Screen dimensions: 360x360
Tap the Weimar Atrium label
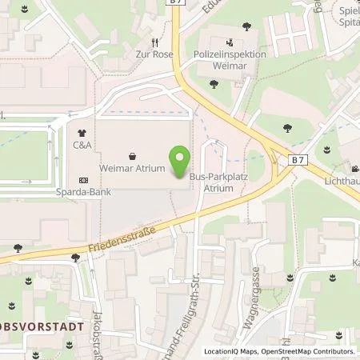[x=132, y=169]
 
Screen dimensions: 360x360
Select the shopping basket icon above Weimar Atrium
[x=132, y=156]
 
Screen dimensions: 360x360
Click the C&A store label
[x=82, y=146]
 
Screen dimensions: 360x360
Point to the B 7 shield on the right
[x=298, y=160]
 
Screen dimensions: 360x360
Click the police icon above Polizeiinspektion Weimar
[x=230, y=42]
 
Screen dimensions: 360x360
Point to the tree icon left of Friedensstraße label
[x=76, y=258]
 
